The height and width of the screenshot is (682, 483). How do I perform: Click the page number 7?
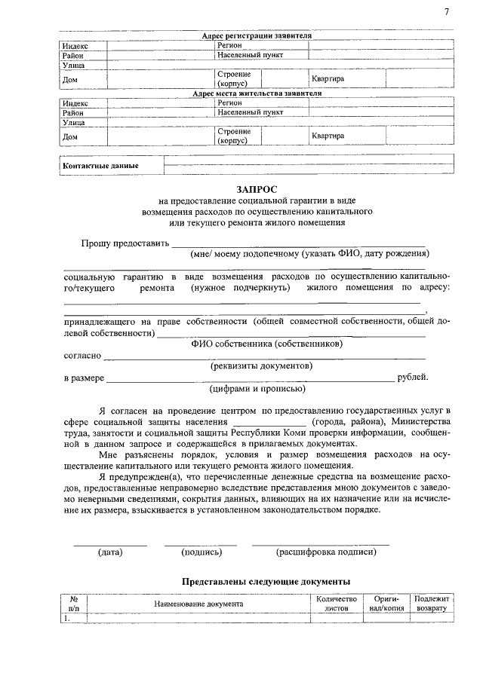click(x=447, y=13)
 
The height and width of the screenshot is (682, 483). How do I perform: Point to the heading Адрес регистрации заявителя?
click(x=257, y=36)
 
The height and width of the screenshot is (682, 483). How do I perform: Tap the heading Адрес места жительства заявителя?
click(x=257, y=94)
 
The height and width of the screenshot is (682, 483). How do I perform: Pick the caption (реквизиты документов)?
click(x=260, y=365)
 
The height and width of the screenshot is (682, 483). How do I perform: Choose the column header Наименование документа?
click(x=198, y=604)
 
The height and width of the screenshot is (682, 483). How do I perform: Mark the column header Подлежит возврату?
click(x=432, y=603)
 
